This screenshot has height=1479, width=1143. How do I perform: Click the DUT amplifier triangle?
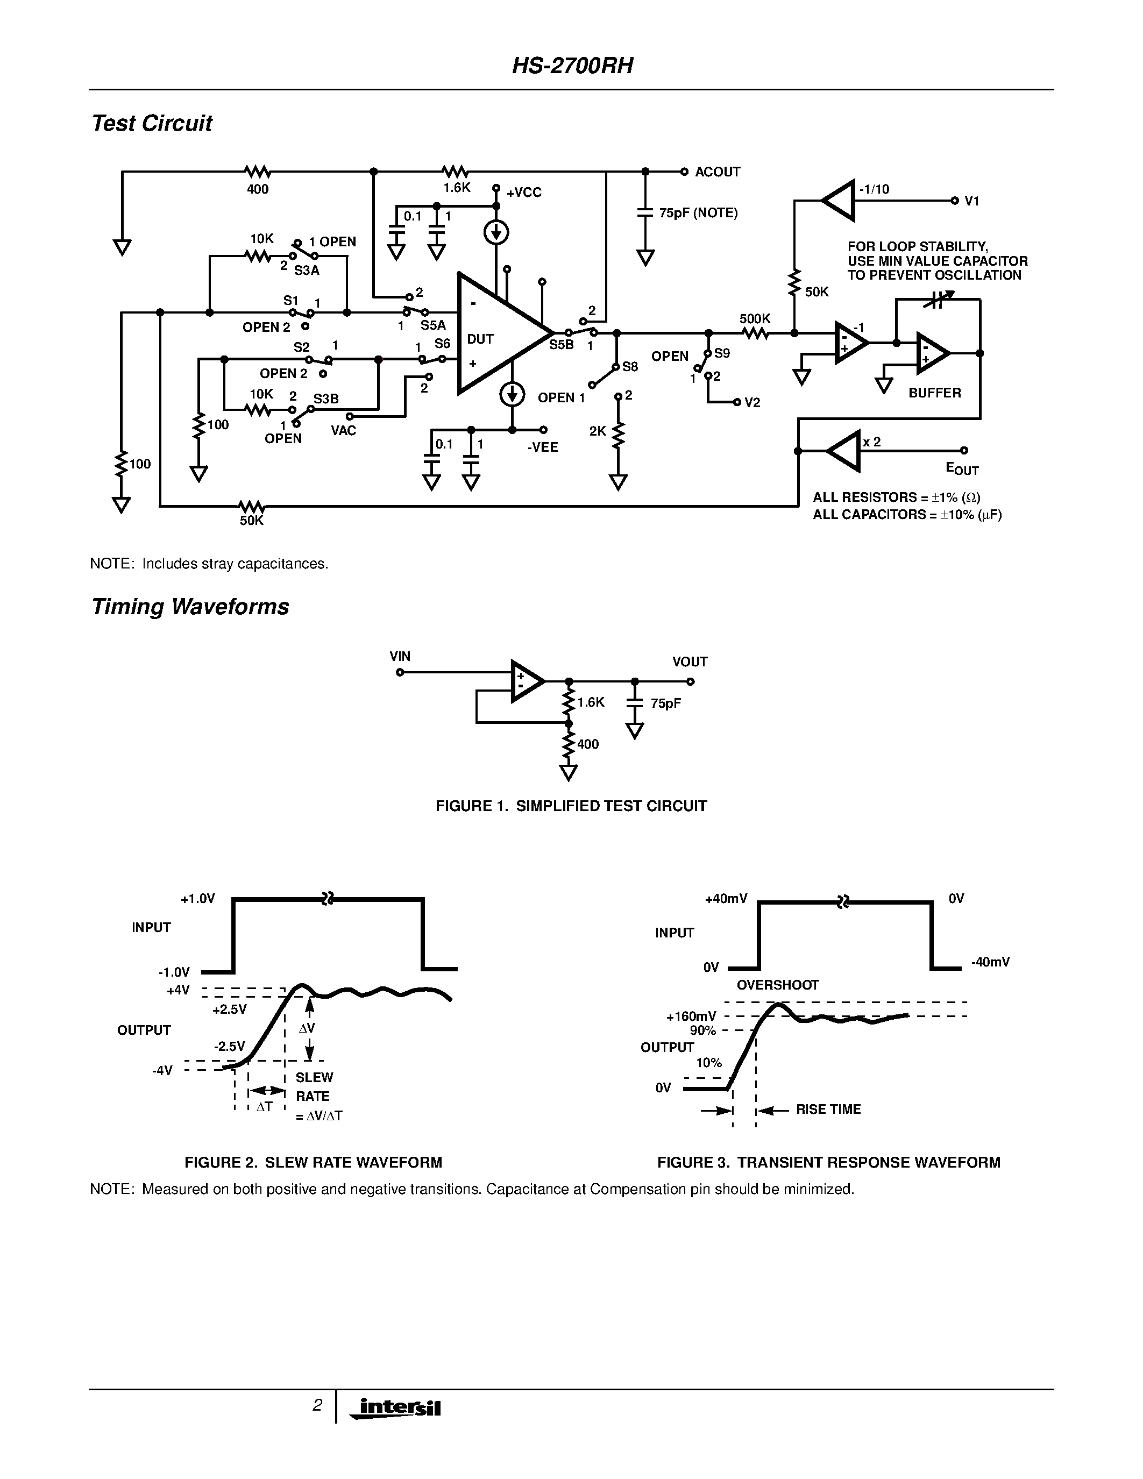tap(498, 333)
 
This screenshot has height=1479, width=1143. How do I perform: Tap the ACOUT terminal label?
tap(717, 172)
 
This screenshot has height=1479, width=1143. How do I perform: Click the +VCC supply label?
tap(523, 193)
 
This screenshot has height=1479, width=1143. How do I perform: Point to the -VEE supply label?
tap(542, 447)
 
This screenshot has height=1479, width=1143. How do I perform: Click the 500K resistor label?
tap(754, 318)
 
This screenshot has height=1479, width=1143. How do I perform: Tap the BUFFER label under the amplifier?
tap(934, 393)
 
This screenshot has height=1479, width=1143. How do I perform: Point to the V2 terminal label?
tap(752, 403)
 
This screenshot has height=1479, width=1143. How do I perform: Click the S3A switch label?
tap(306, 271)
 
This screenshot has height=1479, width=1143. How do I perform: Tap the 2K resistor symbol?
tap(617, 435)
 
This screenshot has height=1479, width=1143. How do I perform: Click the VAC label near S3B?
tap(343, 431)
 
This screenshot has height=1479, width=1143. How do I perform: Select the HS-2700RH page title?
tap(572, 66)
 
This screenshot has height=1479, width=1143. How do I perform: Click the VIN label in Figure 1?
tap(400, 656)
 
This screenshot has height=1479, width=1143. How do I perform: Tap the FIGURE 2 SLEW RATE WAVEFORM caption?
tap(313, 1162)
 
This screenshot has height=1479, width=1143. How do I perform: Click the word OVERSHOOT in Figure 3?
tap(777, 985)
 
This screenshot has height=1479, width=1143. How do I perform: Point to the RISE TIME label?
tap(827, 1109)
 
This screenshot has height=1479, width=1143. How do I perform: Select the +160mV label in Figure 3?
tap(691, 1016)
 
